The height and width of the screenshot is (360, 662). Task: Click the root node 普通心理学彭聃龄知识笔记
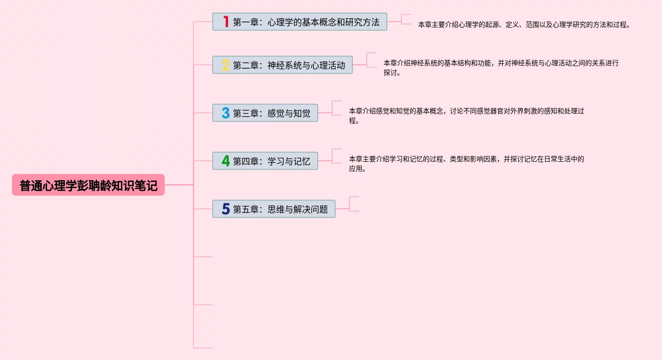[x=88, y=185]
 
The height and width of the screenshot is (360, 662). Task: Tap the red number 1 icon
[x=226, y=22]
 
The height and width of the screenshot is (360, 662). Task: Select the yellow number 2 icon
[x=226, y=65]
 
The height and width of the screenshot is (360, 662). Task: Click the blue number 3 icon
[x=226, y=113]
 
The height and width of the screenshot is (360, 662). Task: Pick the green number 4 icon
[x=226, y=161]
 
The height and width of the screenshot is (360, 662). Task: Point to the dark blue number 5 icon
[x=226, y=209]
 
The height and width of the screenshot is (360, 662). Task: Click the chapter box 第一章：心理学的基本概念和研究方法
[x=300, y=22]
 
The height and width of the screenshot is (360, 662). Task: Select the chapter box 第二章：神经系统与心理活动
[x=283, y=65]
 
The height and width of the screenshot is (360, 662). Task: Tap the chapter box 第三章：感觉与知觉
[x=265, y=113]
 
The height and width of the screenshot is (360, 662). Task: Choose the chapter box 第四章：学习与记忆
[x=265, y=161]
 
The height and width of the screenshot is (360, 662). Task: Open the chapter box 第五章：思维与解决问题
[x=274, y=209]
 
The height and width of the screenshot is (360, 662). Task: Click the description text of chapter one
[x=524, y=24]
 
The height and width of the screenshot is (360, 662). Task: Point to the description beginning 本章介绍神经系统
[x=501, y=68]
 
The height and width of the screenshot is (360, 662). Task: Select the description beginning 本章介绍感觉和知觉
[x=466, y=116]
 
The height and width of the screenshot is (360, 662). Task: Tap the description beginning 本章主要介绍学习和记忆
[x=466, y=164]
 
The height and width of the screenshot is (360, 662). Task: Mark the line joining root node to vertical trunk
[x=179, y=185]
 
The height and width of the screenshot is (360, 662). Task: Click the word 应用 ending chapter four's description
[x=356, y=169]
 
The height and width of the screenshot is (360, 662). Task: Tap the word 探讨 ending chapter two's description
[x=390, y=72]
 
